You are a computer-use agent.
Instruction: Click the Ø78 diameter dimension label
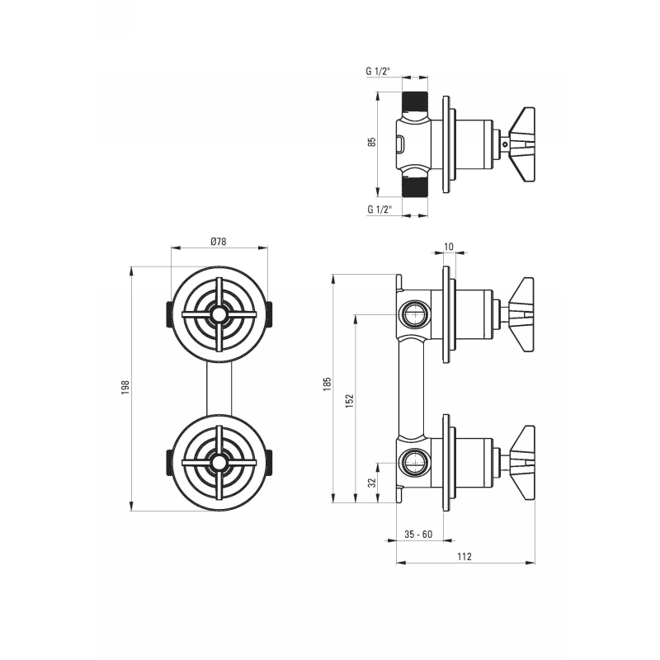click(219, 242)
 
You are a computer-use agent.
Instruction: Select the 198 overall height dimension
click(125, 387)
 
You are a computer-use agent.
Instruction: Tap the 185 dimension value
click(328, 384)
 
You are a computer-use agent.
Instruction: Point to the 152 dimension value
click(350, 401)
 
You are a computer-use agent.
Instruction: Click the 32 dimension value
click(372, 483)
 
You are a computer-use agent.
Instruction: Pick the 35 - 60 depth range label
click(418, 535)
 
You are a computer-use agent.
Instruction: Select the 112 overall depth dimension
click(464, 557)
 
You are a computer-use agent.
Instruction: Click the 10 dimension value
click(449, 247)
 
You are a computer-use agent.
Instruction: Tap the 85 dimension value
click(372, 142)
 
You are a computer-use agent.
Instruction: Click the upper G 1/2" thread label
click(378, 72)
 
